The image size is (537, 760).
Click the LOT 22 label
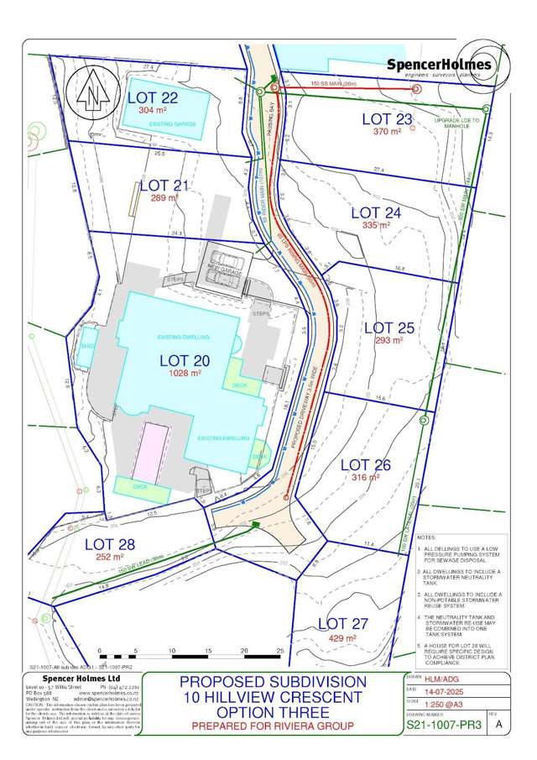tap(153, 97)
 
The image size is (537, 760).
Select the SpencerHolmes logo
tap(449, 67)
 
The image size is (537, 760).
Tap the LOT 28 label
tap(110, 542)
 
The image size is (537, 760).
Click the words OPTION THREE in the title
tap(272, 711)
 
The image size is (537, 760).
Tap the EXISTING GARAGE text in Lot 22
tap(172, 123)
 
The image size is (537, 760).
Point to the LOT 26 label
tap(366, 464)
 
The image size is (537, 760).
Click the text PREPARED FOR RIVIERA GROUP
tap(272, 726)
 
